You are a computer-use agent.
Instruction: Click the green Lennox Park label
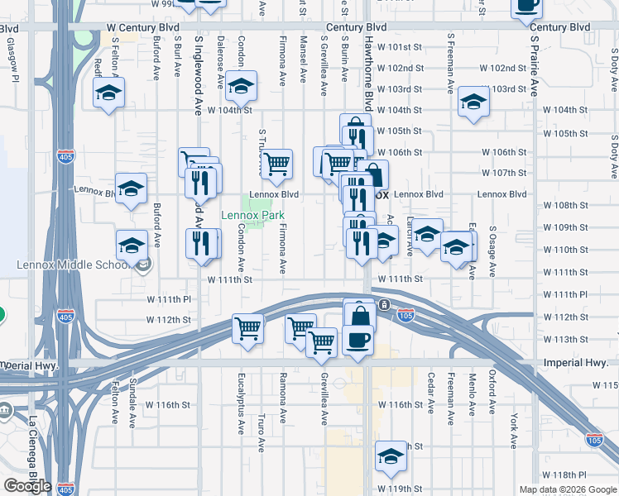(252, 215)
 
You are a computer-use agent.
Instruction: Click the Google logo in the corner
(27, 486)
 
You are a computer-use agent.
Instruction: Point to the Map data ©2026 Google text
(568, 489)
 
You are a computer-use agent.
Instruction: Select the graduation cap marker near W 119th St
(391, 455)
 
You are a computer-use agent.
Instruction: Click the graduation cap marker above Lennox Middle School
(131, 244)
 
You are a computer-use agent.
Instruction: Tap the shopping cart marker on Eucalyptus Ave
(247, 328)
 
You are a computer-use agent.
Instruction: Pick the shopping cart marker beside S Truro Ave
(276, 163)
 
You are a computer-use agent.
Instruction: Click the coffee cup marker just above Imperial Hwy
(357, 340)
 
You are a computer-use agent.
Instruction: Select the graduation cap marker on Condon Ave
(241, 85)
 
